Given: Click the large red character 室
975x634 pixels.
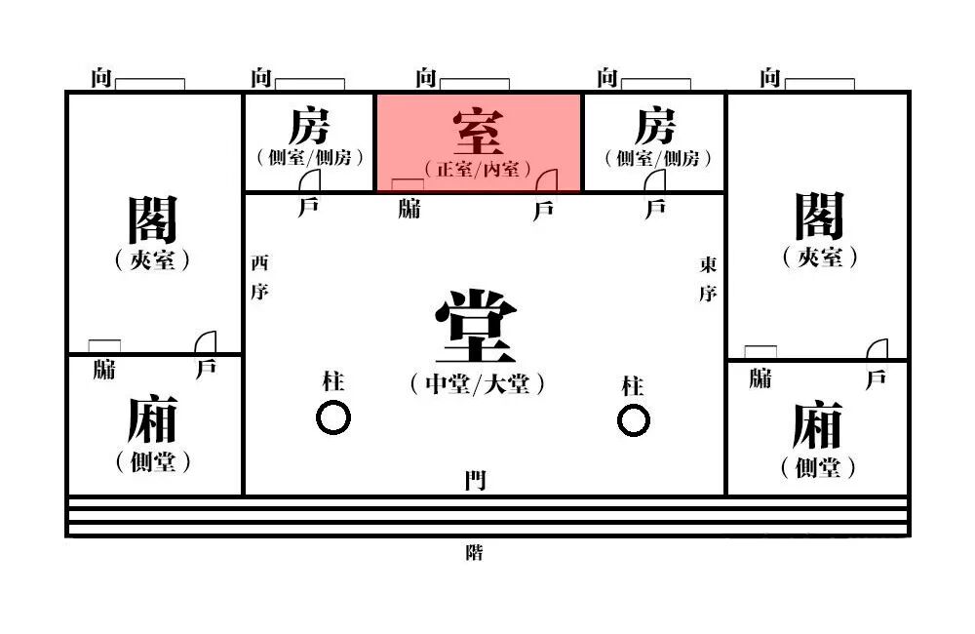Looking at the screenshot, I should (x=478, y=132).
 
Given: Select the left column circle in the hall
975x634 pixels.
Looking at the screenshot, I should (x=333, y=418).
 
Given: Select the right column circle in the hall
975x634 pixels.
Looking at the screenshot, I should (x=633, y=420).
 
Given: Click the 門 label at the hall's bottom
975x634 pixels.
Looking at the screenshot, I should (x=475, y=480).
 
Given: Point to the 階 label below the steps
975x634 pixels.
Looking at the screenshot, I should (x=475, y=553).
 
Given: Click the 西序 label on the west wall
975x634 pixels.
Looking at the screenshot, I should (x=258, y=277).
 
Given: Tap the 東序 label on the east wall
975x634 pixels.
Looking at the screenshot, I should (x=708, y=279).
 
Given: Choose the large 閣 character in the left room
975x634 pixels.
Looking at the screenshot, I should (x=153, y=218).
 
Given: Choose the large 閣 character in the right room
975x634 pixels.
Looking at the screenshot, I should (x=818, y=216).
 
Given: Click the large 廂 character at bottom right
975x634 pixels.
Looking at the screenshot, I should (x=817, y=425).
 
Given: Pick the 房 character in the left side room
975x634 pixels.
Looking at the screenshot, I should (x=309, y=127).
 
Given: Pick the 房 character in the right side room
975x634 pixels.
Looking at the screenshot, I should (x=655, y=127).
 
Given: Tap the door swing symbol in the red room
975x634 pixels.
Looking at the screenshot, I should (x=545, y=180).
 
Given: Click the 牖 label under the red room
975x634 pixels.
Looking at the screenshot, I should (x=409, y=208).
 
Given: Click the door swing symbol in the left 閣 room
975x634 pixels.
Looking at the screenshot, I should (x=205, y=342).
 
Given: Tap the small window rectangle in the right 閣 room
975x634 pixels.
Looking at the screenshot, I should (x=760, y=351).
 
